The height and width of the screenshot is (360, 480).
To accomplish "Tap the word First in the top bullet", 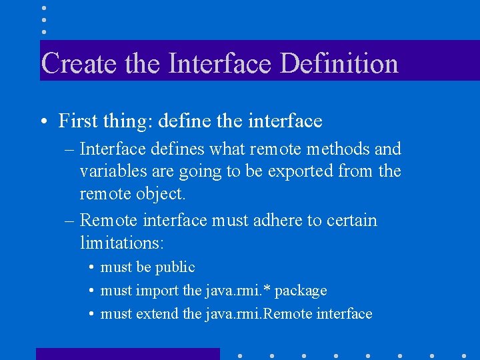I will coord(75,121).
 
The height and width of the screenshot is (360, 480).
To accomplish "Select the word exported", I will coord(303,171).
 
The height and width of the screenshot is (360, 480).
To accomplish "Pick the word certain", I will coord(351,220).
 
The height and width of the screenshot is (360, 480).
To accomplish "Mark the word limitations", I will coord(121,243).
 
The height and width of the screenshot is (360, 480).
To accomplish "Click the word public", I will coord(175,267).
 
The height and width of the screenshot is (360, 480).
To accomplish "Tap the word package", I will coord(301,291).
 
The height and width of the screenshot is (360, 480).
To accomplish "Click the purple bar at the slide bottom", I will coord(127,353).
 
